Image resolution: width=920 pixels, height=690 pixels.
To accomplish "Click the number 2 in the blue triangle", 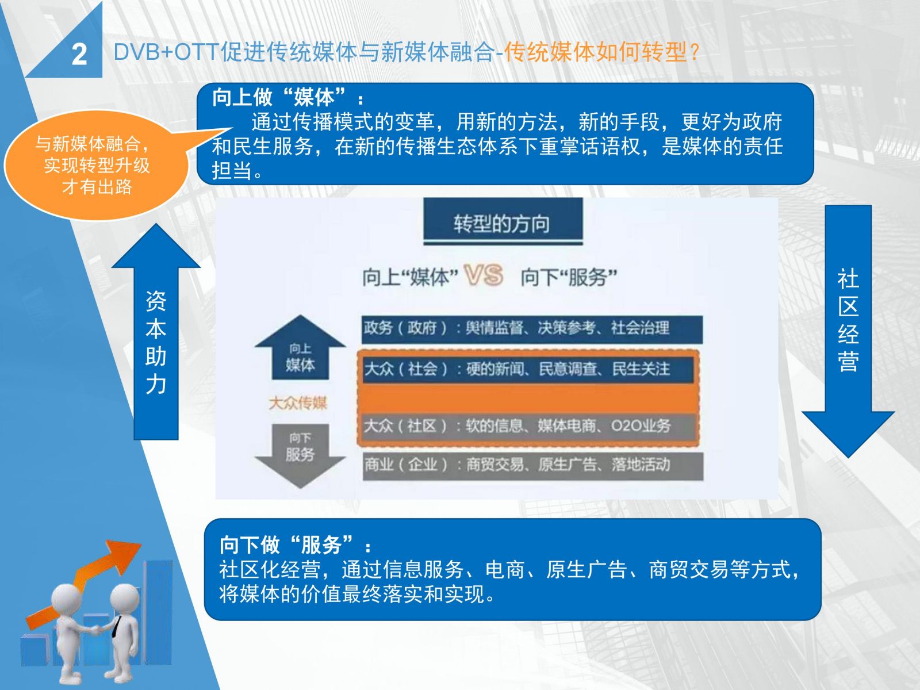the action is click(x=79, y=55).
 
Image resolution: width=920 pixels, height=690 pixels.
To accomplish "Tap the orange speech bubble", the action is click(x=97, y=165).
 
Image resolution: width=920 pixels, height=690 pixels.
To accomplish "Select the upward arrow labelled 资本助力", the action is click(x=156, y=332).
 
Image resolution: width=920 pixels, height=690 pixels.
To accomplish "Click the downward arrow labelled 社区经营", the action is click(x=848, y=331).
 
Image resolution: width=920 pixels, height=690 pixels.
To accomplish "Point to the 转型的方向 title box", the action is click(x=503, y=221).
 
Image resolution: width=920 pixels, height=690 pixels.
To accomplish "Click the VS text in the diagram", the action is click(x=483, y=275).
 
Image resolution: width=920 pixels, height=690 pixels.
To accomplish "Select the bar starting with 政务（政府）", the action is click(x=532, y=329).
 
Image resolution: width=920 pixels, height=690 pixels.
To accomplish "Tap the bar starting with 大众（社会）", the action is click(x=528, y=369).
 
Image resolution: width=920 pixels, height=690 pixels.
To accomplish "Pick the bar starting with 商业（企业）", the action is click(x=532, y=465).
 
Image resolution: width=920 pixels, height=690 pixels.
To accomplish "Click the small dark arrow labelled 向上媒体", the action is click(x=300, y=348).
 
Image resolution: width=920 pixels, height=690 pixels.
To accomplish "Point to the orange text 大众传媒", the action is click(x=298, y=403).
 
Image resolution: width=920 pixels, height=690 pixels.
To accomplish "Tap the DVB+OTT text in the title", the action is click(x=166, y=52).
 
